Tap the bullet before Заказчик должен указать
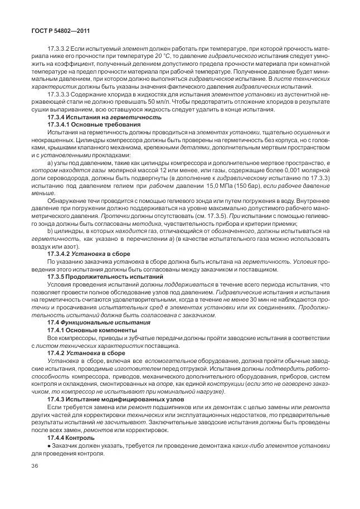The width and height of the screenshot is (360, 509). coord(49,445)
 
